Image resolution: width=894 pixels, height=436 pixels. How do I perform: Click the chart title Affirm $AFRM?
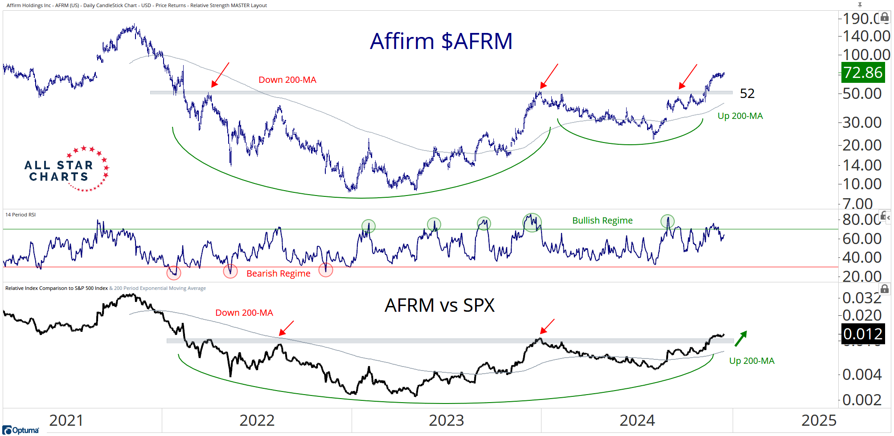coord(441,41)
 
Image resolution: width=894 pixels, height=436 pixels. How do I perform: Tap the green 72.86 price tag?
coord(862,73)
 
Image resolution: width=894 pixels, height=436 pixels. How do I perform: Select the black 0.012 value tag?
coord(862,334)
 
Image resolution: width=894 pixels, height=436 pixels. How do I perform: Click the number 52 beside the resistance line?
coord(747,94)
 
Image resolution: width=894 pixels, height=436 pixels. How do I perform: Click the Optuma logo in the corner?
coord(21,430)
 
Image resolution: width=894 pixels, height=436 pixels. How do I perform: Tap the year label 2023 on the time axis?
coord(446,420)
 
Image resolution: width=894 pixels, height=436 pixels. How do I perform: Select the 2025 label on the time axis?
coord(819,420)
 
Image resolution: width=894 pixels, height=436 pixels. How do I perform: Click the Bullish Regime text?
coord(602,220)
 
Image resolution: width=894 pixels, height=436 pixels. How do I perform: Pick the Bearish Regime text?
coord(278,273)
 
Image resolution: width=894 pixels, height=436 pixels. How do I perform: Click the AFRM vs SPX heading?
coord(439,306)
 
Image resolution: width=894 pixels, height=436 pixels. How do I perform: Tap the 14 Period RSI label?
coord(21,215)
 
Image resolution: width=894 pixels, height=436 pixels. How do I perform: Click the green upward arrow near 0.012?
coord(741,338)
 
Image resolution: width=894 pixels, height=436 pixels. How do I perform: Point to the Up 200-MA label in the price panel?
coord(740,116)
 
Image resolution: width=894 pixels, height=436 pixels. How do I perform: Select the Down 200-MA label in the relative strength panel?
coord(244,313)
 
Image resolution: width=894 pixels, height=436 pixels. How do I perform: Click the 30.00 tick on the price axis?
coord(861,122)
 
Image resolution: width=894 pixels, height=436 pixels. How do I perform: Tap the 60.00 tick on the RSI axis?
coord(861,239)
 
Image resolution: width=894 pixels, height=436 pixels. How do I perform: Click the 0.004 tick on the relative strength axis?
coord(861,375)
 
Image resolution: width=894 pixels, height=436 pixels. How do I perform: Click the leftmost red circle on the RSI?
coord(173,273)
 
